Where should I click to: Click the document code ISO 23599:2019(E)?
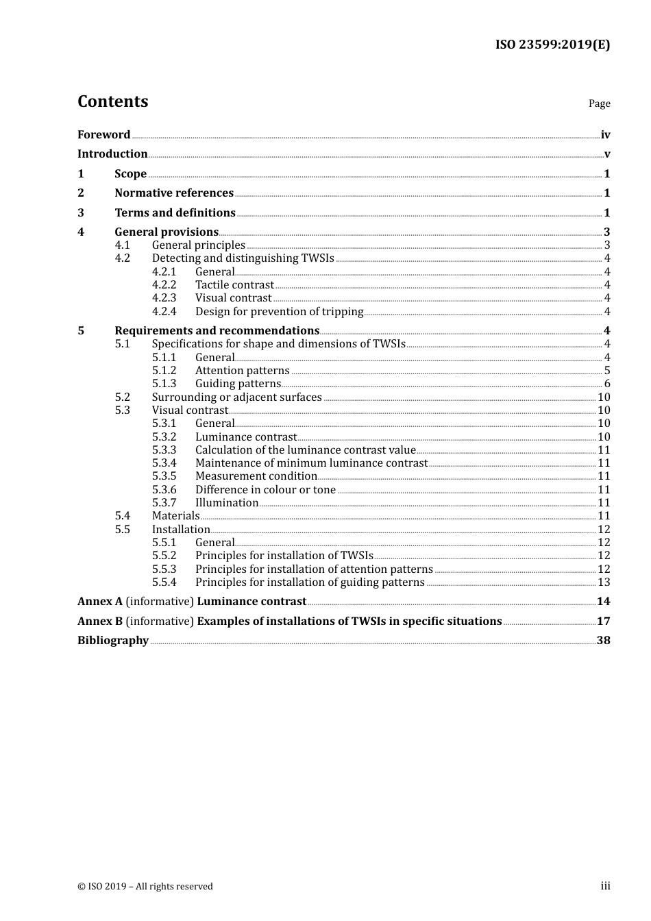pos(552,45)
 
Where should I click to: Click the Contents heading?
pos(112,101)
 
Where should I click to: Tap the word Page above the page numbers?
pos(599,103)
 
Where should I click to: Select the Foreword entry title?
pos(103,135)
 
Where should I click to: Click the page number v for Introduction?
pos(606,154)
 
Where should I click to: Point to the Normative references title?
pos(174,193)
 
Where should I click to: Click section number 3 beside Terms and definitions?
pos(81,213)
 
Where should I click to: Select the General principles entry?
pos(198,245)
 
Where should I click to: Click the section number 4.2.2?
pos(164,285)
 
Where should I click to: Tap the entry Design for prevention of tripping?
pos(279,312)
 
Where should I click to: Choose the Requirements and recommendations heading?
pos(217,331)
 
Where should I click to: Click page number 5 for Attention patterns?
pos(606,371)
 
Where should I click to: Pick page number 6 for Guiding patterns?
pos(606,384)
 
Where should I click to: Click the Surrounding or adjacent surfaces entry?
pos(236,397)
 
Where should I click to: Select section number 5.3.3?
pos(164,450)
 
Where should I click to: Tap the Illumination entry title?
pos(227,503)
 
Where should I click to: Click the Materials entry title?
pos(175,516)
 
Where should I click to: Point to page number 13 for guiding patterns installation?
pos(604,582)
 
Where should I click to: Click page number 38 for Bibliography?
pos(603,641)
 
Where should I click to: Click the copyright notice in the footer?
pos(145,887)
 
